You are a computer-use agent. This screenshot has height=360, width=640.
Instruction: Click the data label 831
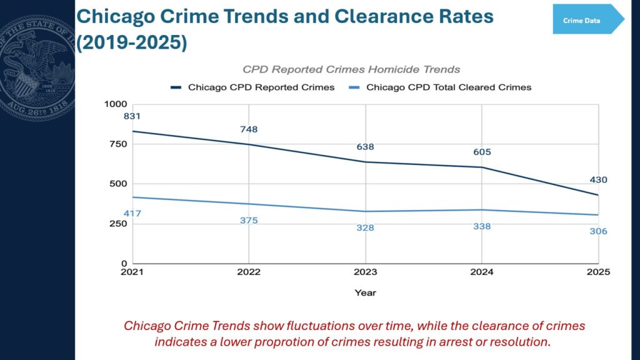(x=132, y=116)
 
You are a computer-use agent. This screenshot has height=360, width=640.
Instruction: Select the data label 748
(x=249, y=129)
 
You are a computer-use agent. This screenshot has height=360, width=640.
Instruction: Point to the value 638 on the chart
(x=365, y=147)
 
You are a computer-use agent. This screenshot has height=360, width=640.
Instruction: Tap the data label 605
(x=482, y=152)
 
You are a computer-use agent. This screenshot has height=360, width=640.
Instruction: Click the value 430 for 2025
(x=598, y=180)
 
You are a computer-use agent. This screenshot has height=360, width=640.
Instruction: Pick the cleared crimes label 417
(x=132, y=214)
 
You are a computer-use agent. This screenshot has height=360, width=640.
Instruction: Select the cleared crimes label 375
(x=249, y=221)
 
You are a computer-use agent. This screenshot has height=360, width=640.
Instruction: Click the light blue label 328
(x=365, y=227)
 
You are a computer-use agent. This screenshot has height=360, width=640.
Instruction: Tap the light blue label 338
(x=482, y=226)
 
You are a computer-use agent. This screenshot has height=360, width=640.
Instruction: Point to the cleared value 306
(x=598, y=231)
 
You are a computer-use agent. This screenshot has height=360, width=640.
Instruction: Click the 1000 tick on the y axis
(x=116, y=104)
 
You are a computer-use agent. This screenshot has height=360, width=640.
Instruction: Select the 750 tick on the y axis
(x=118, y=144)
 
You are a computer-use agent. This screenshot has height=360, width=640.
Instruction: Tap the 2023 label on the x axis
(x=365, y=272)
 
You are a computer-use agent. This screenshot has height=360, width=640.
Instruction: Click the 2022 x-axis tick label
(x=249, y=272)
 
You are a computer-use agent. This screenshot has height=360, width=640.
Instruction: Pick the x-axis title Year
(x=365, y=292)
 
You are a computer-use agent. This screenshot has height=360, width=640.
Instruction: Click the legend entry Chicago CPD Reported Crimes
(x=252, y=87)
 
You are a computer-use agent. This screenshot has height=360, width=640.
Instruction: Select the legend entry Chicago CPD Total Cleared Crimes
(x=440, y=87)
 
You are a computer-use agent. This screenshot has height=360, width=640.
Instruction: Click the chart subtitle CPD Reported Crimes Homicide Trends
(x=351, y=69)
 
